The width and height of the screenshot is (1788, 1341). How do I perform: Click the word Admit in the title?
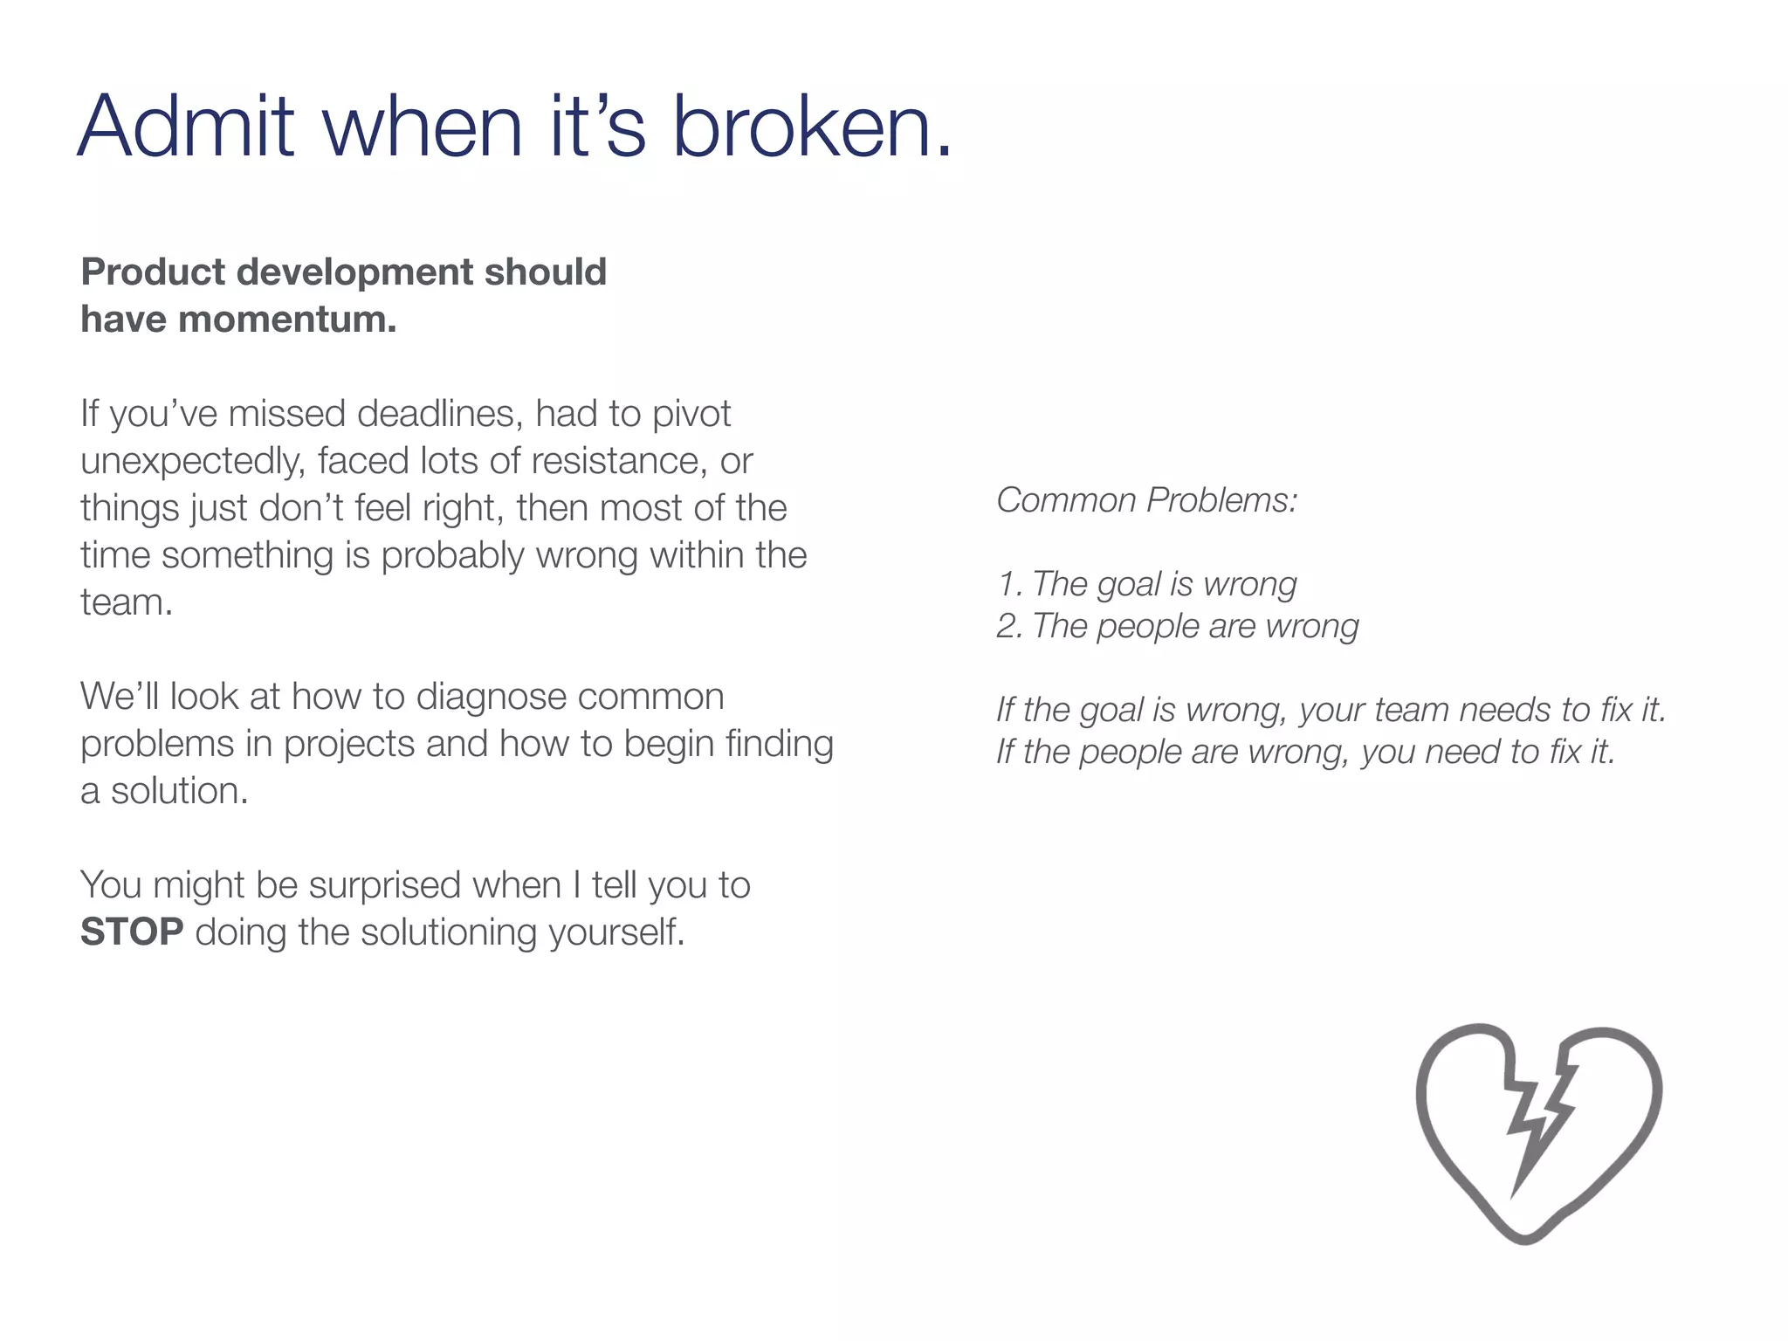186,127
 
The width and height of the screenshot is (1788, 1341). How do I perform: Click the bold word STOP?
132,932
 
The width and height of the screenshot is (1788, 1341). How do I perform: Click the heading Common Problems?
1146,500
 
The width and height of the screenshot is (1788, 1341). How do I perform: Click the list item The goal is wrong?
1146,584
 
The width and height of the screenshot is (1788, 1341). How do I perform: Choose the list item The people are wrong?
1178,626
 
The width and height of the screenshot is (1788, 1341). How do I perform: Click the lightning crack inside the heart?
1539,1117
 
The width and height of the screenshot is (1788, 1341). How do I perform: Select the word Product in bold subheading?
153,272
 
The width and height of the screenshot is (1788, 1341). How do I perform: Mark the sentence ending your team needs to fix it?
1331,710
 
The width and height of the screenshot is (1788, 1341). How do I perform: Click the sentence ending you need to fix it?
1305,752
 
